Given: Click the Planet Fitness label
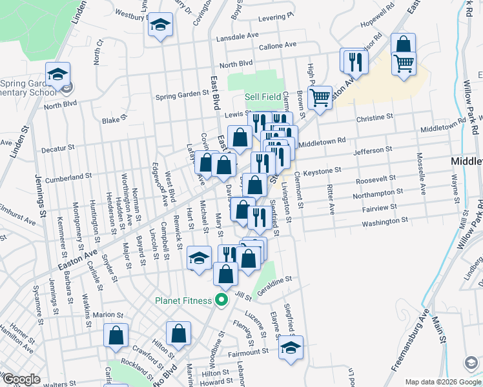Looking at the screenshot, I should pyautogui.click(x=183, y=301).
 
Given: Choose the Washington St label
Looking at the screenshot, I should pyautogui.click(x=384, y=221).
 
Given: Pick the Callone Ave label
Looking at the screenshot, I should pyautogui.click(x=277, y=46).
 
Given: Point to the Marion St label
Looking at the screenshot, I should pyautogui.click(x=107, y=315).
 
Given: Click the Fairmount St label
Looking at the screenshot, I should pyautogui.click(x=247, y=353).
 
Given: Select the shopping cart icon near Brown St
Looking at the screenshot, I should pyautogui.click(x=320, y=98).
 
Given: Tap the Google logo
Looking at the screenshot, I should pyautogui.click(x=21, y=379).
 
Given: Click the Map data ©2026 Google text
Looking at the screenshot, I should pyautogui.click(x=442, y=382).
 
